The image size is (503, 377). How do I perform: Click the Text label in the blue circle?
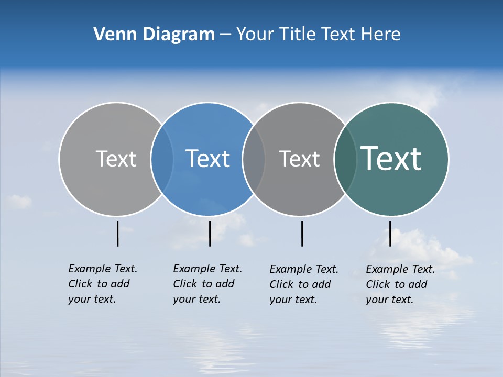(x=207, y=159)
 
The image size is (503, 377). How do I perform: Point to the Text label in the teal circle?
(x=391, y=159)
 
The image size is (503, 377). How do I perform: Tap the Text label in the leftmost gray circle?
(x=116, y=159)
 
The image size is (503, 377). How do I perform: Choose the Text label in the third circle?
(x=299, y=159)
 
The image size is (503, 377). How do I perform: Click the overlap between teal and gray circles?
(x=345, y=159)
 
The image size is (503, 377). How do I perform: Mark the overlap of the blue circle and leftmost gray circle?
(x=162, y=159)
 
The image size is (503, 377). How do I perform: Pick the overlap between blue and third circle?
(x=254, y=159)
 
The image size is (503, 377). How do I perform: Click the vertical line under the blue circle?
(x=210, y=234)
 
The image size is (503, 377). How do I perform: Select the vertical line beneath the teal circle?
(x=390, y=234)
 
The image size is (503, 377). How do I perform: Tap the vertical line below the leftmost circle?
(x=117, y=234)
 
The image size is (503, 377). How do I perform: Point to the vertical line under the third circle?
(x=302, y=234)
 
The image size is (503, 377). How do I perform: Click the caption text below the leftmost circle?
(x=102, y=284)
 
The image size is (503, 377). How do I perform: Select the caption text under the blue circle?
(x=207, y=284)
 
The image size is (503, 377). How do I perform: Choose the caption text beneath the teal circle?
(x=400, y=284)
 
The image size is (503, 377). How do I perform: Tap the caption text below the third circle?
(x=303, y=284)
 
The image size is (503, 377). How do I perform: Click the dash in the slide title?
(x=225, y=35)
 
